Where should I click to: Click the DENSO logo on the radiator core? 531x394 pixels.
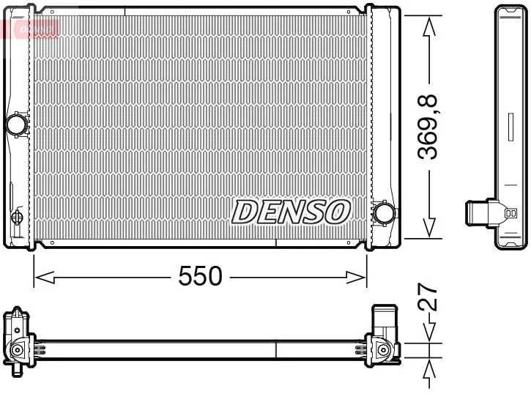coord(291,212)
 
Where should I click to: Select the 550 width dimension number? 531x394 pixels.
coord(201,276)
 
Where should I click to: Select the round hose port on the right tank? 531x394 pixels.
coord(383,212)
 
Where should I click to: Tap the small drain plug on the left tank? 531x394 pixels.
coord(17,219)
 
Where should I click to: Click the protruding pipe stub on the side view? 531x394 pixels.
coord(478,213)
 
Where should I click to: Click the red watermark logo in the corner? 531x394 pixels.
coord(29,28)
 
